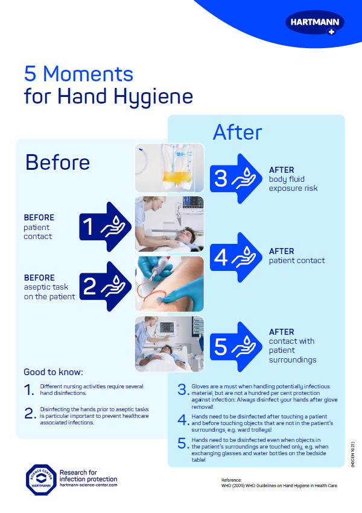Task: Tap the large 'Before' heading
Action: pos(57,162)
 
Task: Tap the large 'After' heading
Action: pos(237,132)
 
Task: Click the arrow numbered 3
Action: pos(233,179)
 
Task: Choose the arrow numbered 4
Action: pos(233,257)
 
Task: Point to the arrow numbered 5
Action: pos(233,346)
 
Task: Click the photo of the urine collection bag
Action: pos(169,167)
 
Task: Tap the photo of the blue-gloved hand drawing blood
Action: pos(169,284)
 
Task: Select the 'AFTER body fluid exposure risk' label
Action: pos(293,179)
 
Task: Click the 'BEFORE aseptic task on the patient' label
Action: pos(49,287)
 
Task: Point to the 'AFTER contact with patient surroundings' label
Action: pos(292,346)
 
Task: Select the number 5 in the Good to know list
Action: pos(183,444)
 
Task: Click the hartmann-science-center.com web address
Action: pos(89,485)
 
